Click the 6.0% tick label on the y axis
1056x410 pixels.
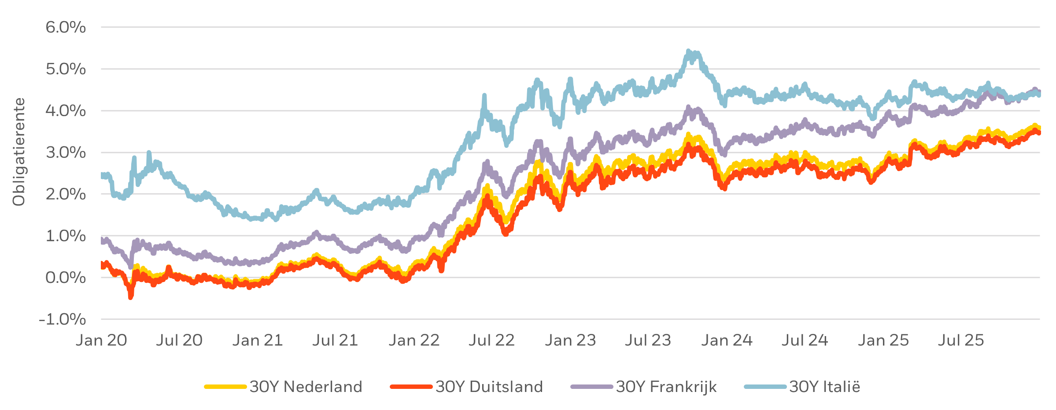pos(66,27)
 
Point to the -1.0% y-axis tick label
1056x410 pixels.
pos(63,319)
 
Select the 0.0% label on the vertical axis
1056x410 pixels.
pos(66,278)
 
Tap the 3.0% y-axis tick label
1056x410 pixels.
pos(66,153)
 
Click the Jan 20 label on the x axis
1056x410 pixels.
pos(101,340)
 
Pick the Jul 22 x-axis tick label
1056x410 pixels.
pos(491,340)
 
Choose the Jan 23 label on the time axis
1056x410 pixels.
pos(570,340)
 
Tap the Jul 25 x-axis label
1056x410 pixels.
pos(960,340)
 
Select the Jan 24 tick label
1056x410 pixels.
pos(727,340)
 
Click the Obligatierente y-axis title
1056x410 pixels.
pos(19,152)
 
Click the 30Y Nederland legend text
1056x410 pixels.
pos(306,387)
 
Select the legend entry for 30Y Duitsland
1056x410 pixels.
pos(489,387)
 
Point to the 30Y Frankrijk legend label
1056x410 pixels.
pos(666,387)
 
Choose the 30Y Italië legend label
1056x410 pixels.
pos(824,387)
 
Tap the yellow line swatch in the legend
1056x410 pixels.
pos(225,387)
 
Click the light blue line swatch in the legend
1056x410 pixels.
pos(765,387)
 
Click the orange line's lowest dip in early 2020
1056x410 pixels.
pos(131,297)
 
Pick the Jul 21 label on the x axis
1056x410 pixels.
pos(335,340)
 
